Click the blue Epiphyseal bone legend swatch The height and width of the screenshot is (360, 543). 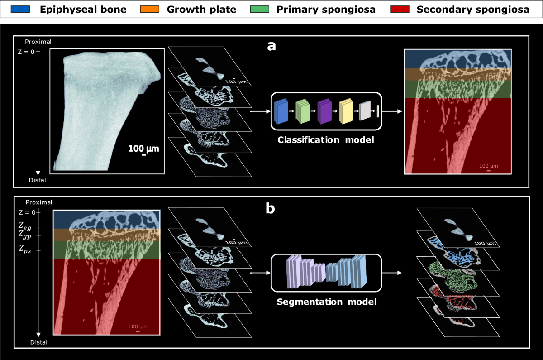pyautogui.click(x=20, y=9)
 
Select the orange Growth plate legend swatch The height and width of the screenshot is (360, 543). pyautogui.click(x=150, y=9)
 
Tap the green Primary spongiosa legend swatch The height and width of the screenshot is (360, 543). pyautogui.click(x=260, y=9)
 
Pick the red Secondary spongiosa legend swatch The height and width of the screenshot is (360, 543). pyautogui.click(x=400, y=9)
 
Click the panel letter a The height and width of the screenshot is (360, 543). pyautogui.click(x=271, y=46)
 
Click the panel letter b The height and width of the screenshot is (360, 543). pyautogui.click(x=270, y=208)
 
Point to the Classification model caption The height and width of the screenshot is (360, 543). pyautogui.click(x=325, y=140)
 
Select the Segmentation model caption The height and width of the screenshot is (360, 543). pyautogui.click(x=327, y=302)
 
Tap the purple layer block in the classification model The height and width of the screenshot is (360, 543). pyautogui.click(x=324, y=111)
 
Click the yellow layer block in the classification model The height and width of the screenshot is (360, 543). pyautogui.click(x=346, y=111)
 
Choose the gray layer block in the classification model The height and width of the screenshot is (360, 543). pyautogui.click(x=365, y=110)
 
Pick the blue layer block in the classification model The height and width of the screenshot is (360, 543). pyautogui.click(x=281, y=111)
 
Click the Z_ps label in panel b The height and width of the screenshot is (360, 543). pyautogui.click(x=25, y=249)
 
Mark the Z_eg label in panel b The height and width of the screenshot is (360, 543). pyautogui.click(x=25, y=226)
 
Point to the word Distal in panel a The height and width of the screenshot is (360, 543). pyautogui.click(x=37, y=180)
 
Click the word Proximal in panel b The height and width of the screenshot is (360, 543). pyautogui.click(x=39, y=202)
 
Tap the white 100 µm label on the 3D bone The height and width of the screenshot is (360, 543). pyautogui.click(x=143, y=149)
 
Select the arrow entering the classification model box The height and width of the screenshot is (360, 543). pyautogui.click(x=260, y=111)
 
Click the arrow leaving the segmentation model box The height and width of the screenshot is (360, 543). pyautogui.click(x=392, y=273)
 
